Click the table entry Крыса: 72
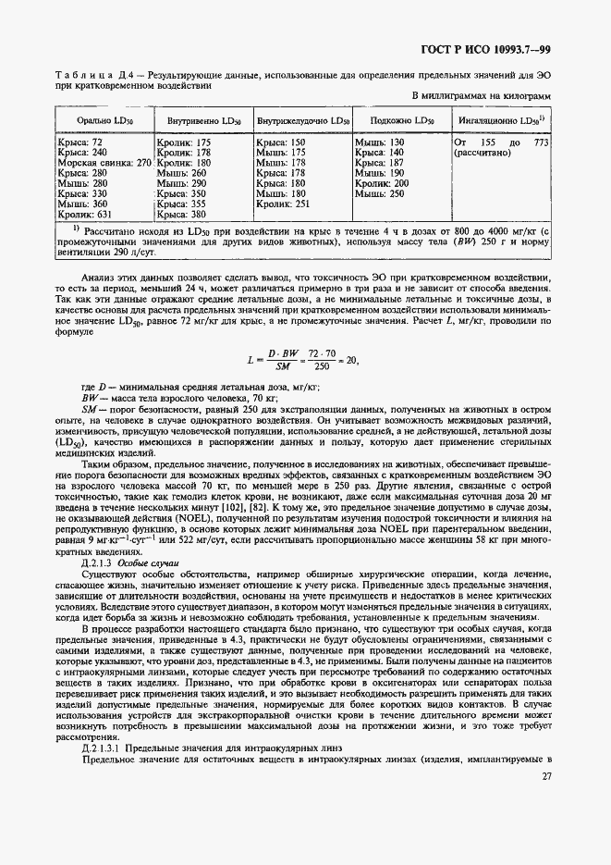[79, 142]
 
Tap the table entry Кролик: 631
[83, 214]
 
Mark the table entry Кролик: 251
[283, 204]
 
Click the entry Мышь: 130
[380, 142]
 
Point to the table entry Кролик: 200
[382, 183]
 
